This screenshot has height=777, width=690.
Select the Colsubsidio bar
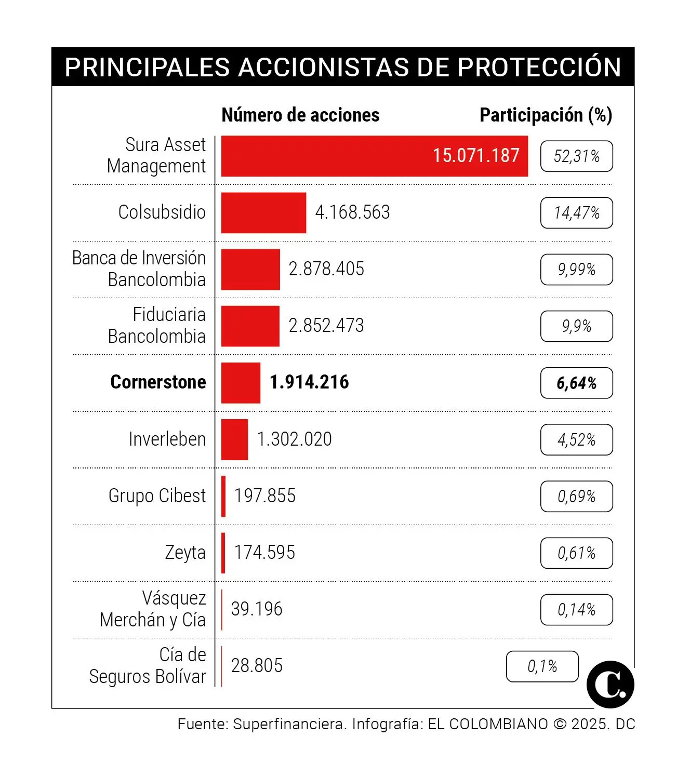tap(263, 213)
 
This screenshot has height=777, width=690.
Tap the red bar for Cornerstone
tap(241, 383)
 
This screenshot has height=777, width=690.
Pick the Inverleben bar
tap(234, 439)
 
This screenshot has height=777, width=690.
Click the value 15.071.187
tap(476, 156)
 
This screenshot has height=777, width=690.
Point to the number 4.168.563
tap(352, 212)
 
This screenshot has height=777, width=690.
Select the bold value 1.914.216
tap(309, 382)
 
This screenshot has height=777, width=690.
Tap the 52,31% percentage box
tap(576, 156)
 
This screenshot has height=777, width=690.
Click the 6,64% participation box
tap(576, 383)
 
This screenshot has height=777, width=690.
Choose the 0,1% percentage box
tap(542, 666)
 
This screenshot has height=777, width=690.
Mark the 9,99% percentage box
tap(576, 270)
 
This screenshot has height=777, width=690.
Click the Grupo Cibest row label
tap(157, 496)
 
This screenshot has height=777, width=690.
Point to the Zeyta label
tap(185, 553)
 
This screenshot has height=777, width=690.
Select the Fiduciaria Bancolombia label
tap(156, 326)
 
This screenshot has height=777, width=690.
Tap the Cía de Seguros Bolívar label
tap(148, 666)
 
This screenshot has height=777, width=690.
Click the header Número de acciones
tap(300, 115)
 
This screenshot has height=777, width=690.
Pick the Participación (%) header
tap(546, 115)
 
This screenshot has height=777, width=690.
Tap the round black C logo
tap(610, 685)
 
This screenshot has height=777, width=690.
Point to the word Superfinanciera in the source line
tap(288, 724)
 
